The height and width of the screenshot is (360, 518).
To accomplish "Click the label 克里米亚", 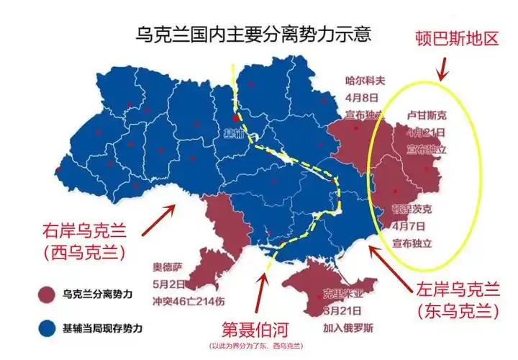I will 341,294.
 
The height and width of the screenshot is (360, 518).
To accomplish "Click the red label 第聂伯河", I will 257,330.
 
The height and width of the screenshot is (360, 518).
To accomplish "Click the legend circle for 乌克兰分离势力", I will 47,294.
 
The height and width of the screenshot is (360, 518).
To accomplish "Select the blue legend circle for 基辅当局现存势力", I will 47,328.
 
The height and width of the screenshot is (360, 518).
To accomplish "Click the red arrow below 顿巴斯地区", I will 444,68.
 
